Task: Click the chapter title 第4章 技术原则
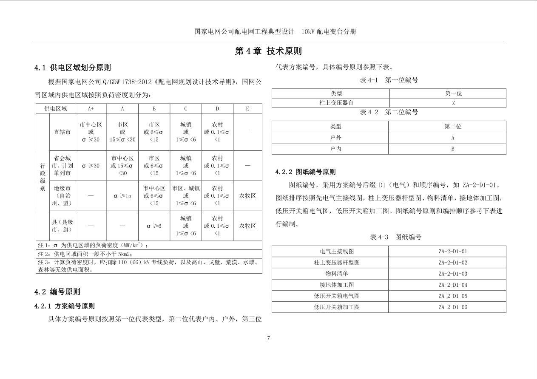click(x=268, y=51)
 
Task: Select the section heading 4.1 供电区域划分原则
click(x=73, y=68)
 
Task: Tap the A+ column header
click(x=91, y=109)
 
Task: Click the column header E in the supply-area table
click(x=247, y=109)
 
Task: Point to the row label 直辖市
click(x=62, y=132)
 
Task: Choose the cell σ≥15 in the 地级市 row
click(x=122, y=196)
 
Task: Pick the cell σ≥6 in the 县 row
click(x=154, y=226)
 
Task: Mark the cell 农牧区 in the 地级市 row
click(x=247, y=196)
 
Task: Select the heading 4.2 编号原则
click(x=57, y=292)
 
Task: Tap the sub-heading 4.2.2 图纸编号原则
click(x=305, y=172)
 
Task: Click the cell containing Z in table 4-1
click(x=453, y=103)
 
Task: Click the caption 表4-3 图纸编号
click(x=390, y=237)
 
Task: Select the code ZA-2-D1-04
click(x=453, y=285)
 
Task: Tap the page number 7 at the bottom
click(x=268, y=338)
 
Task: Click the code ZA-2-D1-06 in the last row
click(x=453, y=307)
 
